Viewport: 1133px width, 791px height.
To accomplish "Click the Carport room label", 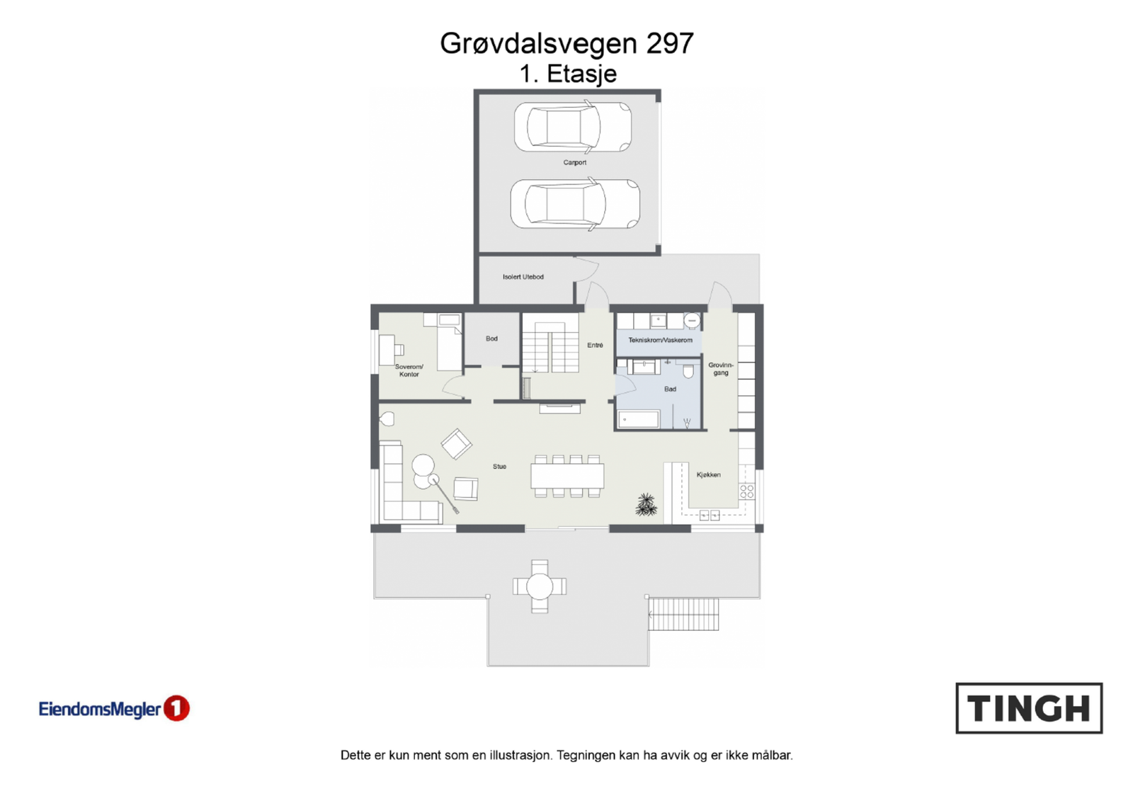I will coord(574,163).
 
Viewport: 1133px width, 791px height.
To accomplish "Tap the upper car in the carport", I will coord(573,127).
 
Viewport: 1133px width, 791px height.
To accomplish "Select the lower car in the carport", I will coord(574,203).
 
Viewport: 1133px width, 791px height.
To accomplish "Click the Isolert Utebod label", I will coord(523,277).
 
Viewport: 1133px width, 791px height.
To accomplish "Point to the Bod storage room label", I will coord(491,338).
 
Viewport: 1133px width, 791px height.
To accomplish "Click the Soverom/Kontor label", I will coord(409,370).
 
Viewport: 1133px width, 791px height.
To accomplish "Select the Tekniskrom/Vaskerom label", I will coord(660,341).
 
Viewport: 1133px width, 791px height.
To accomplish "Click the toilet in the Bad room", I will coord(688,371).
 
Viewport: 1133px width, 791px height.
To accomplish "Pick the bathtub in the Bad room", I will coord(639,420).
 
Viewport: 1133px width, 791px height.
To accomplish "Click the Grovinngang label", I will coord(721,369).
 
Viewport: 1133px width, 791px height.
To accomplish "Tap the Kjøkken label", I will coord(708,475).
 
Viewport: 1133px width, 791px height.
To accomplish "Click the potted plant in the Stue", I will coord(646,505).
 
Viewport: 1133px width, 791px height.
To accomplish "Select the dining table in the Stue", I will coord(567,475).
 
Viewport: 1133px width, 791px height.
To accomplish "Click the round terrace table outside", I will coord(540,586).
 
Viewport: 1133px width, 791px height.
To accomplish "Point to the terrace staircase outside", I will coord(683,614).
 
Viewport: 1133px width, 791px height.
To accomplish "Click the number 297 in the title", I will coord(669,43).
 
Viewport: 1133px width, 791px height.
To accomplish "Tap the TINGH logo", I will coord(1029,708).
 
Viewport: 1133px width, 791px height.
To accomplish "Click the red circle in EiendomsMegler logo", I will coord(177,708).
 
